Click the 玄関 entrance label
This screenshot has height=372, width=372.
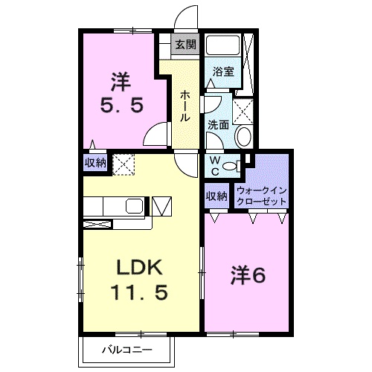click(185, 45)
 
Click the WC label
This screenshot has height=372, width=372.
click(214, 166)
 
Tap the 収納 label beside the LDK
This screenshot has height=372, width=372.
click(95, 162)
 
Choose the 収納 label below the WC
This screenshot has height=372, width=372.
click(217, 196)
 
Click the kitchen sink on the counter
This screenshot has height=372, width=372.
click(136, 205)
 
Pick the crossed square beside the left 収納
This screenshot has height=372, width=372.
click(121, 163)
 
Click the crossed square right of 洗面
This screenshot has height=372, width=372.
click(243, 110)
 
